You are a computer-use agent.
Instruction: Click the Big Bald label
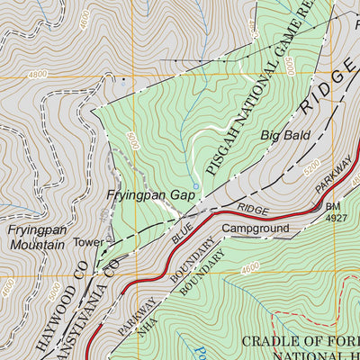tap(285, 136)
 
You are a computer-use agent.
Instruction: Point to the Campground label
tap(256, 229)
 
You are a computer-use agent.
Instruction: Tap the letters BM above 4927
tap(331, 205)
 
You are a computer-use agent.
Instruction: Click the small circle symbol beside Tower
tap(109, 240)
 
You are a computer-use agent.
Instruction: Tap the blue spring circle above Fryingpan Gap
tap(195, 162)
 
